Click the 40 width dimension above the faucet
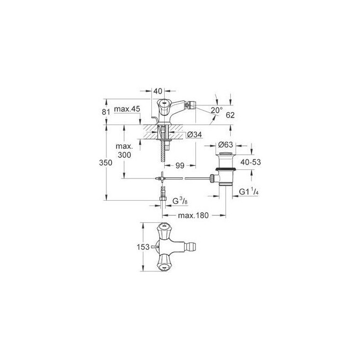point(157,91)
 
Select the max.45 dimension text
point(128,109)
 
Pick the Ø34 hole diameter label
point(195,135)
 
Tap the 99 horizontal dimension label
point(181,166)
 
